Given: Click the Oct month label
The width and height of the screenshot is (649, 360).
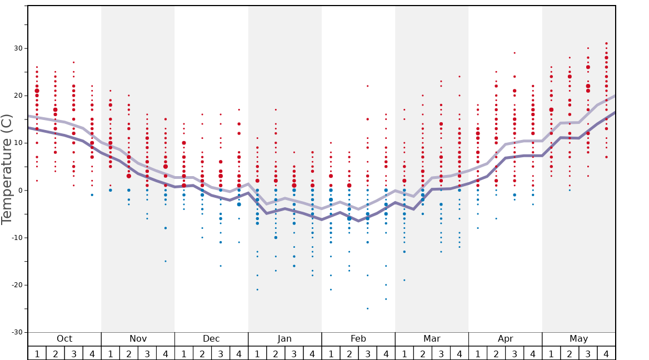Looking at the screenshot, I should (64, 339).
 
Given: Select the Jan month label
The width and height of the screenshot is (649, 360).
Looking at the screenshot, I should (284, 339).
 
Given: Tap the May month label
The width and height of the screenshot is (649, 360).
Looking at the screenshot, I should (578, 339).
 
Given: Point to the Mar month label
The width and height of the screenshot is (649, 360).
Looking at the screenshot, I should (432, 339).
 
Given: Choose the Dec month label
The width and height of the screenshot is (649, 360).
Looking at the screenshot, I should (211, 339).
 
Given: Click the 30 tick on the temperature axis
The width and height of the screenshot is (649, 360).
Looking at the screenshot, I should (18, 48).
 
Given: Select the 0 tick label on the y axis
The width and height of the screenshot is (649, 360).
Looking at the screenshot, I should (20, 191).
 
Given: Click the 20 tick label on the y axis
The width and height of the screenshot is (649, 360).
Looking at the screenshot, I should (18, 96).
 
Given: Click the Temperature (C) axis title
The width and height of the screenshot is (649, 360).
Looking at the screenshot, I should (7, 169).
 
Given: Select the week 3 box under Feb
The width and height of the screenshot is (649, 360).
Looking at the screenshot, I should (367, 353).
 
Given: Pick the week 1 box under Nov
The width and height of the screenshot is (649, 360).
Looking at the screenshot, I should (111, 353).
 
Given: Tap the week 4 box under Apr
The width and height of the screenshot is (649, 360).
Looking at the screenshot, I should (533, 353).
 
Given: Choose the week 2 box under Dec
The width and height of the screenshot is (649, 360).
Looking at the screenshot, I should (202, 353).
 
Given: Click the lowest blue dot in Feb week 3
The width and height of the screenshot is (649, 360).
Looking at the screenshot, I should (367, 308).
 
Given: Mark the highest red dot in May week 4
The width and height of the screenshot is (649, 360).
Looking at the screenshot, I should (606, 43).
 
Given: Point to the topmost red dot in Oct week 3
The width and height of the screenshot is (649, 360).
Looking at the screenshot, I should (73, 62).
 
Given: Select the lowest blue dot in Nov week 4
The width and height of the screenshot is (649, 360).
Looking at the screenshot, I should (165, 261).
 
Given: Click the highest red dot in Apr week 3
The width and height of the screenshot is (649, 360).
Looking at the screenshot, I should (515, 53).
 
